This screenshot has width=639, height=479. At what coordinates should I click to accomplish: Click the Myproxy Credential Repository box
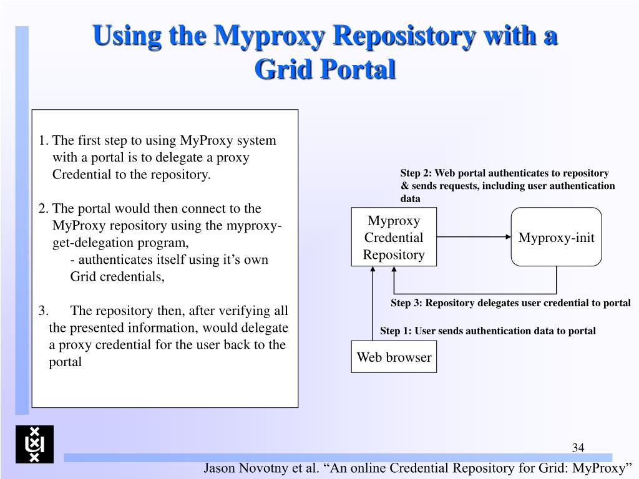394,238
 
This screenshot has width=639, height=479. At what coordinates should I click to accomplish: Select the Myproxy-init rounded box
557,238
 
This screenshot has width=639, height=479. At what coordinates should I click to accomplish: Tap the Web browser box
394,357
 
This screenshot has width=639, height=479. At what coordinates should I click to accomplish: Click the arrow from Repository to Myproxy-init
474,238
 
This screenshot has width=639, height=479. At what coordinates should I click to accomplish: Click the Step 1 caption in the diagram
488,331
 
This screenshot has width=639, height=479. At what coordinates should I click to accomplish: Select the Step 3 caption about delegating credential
510,303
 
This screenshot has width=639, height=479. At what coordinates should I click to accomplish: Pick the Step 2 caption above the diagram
507,185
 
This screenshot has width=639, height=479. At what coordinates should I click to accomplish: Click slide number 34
577,447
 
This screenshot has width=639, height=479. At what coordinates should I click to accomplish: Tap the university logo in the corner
34,444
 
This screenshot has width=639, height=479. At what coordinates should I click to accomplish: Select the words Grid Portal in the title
325,69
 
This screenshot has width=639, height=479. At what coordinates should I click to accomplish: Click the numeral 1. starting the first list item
43,140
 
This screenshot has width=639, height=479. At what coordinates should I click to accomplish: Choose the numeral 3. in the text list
43,311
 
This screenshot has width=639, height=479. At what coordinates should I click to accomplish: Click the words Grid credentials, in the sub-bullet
117,276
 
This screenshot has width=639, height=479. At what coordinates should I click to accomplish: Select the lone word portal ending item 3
66,362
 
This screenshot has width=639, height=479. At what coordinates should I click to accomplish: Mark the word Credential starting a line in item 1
81,174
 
